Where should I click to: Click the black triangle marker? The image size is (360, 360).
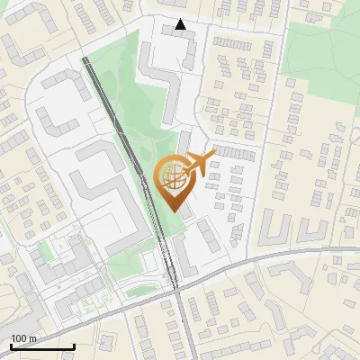pos(181,24)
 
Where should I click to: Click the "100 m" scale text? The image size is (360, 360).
pos(23,338)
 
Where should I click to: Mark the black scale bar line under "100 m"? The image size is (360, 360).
pos(41,346)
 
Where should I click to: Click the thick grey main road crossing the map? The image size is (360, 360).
pos(270,258)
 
